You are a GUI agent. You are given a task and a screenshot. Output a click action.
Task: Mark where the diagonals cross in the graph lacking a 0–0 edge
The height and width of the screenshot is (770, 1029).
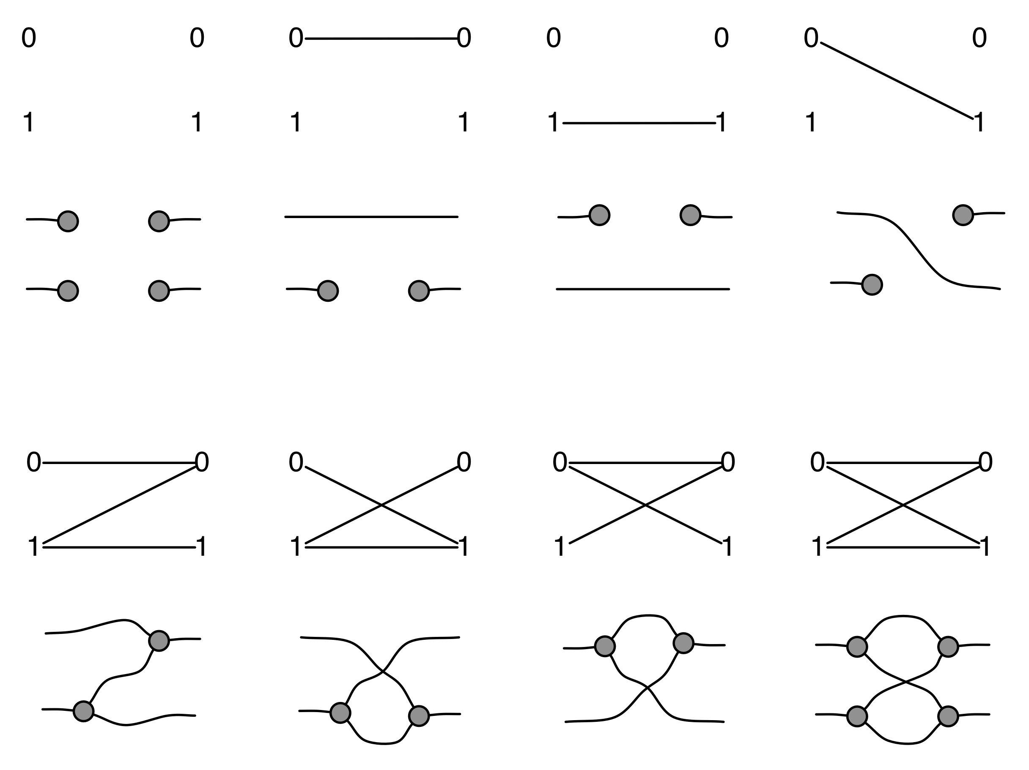[x=381, y=505]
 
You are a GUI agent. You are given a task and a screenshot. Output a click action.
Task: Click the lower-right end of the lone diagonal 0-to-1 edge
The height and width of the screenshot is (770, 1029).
[x=973, y=119]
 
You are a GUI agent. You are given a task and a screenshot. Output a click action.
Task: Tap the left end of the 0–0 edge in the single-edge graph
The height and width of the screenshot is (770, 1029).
[x=306, y=38]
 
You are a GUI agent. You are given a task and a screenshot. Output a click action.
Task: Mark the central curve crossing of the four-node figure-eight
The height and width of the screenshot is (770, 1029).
[x=905, y=682]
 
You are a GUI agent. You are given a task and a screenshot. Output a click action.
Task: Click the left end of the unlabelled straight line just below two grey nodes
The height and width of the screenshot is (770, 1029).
[x=557, y=289]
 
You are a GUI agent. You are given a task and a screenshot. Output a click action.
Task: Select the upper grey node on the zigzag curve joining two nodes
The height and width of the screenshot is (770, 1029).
[x=159, y=641]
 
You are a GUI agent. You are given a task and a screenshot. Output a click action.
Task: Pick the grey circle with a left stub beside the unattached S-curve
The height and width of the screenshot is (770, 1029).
[x=872, y=284]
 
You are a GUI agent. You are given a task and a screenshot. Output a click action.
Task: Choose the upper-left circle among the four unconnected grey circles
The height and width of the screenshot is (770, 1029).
[x=68, y=221]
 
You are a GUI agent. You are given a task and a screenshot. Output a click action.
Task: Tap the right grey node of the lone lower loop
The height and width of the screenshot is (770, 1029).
[x=419, y=716]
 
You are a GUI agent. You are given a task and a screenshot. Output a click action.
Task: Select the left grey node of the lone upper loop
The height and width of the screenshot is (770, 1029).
[x=605, y=646]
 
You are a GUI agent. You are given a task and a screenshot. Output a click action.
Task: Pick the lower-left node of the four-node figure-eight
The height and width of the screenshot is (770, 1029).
[x=857, y=716]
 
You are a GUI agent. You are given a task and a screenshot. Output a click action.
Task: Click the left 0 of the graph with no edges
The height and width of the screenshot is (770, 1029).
[x=28, y=38]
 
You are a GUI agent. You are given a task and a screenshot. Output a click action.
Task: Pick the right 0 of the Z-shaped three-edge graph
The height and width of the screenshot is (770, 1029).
[x=202, y=462]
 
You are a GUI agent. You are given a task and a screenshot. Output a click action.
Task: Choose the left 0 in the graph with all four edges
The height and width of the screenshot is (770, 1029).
[x=818, y=462]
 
